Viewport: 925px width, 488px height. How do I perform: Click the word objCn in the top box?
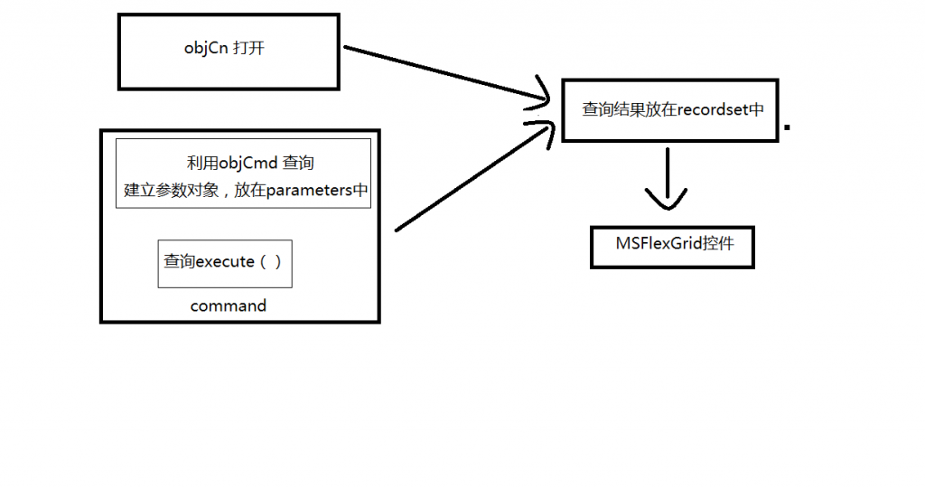(204, 50)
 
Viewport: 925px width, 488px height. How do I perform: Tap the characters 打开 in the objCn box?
(248, 50)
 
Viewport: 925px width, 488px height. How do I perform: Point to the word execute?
(225, 261)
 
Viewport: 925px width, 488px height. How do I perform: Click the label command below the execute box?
(229, 305)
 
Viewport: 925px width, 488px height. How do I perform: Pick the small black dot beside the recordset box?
(788, 128)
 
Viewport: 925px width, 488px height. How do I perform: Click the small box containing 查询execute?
(225, 263)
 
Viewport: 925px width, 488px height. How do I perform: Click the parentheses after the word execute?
(271, 261)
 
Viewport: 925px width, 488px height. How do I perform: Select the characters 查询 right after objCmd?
(298, 164)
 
